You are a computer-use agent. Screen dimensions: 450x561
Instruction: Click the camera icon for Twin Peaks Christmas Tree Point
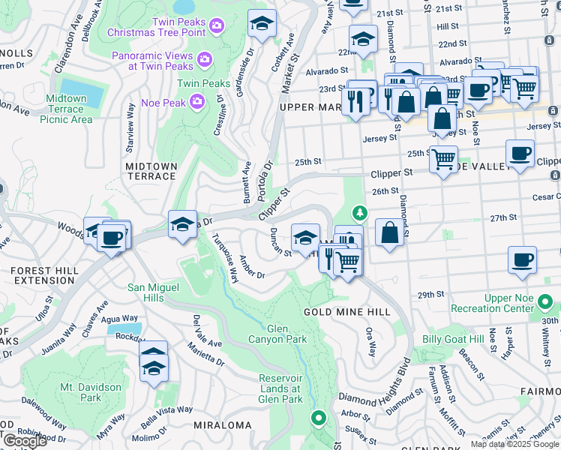tap(217, 26)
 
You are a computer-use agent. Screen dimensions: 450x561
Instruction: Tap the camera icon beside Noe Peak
tap(197, 100)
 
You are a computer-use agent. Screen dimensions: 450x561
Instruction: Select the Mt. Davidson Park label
tap(90, 392)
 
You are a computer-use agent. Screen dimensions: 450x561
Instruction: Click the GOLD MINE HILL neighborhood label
tap(336, 311)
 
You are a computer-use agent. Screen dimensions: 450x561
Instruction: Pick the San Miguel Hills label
tap(154, 292)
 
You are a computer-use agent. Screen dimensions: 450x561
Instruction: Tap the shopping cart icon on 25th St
tap(443, 159)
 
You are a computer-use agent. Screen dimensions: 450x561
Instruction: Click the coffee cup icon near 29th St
tap(522, 260)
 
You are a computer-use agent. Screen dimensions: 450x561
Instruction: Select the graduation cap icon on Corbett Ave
tap(261, 24)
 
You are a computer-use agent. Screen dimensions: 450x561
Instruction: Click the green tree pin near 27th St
tap(361, 214)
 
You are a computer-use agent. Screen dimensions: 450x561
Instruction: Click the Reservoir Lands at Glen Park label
tap(279, 388)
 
